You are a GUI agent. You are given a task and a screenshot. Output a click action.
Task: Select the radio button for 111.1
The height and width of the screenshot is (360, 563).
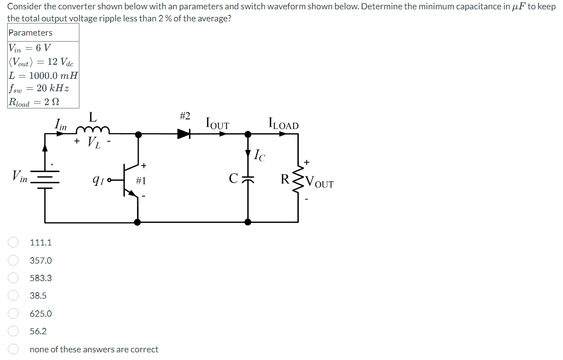tap(13, 242)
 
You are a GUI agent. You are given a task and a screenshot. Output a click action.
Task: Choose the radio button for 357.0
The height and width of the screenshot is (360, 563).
tap(13, 260)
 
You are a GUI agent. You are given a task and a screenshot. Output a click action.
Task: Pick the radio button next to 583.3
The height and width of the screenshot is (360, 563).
tap(13, 278)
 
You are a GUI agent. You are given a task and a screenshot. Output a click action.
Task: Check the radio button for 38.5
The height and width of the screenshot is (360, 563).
tap(13, 295)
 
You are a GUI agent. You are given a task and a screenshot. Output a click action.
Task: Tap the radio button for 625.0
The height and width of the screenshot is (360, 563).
tap(13, 313)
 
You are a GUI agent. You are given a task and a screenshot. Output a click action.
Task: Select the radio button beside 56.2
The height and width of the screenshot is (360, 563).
tap(13, 331)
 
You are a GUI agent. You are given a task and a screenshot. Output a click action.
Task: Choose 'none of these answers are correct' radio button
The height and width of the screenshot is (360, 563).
tap(13, 349)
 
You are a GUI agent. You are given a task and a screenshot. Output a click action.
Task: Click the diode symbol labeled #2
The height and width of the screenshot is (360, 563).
tap(184, 133)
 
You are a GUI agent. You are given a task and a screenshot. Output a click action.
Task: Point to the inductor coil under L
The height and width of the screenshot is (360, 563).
tap(93, 130)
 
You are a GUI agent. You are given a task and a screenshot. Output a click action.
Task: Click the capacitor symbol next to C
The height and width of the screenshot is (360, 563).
tap(248, 179)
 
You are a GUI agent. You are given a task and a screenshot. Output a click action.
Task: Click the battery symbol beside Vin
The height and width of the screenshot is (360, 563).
tap(45, 179)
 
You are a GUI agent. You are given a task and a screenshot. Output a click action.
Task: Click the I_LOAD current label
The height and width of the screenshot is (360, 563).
tap(283, 124)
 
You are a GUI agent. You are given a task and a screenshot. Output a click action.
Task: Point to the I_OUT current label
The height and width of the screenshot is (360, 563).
tap(217, 124)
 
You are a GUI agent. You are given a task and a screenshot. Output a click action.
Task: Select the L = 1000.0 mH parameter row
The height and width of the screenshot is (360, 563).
tap(43, 75)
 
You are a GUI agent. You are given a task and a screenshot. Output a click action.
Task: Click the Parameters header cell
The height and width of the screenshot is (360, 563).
tap(43, 33)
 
